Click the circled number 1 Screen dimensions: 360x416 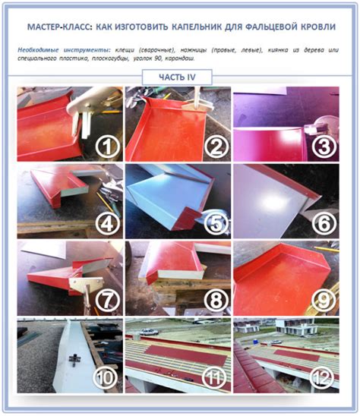pos(108,147)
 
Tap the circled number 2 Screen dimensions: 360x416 pos(216,147)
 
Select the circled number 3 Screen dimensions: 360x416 pos(324,147)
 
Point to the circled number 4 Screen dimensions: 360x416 pos(108,224)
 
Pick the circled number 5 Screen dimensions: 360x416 pos(216,224)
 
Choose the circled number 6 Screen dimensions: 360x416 pos(324,224)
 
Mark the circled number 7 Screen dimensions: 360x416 pos(108,301)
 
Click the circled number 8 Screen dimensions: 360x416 pos(216,301)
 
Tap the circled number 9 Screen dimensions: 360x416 pos(324,301)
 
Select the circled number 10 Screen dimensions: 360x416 pos(106,378)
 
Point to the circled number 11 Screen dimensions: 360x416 pos(214,378)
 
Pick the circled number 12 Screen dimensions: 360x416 pos(322,378)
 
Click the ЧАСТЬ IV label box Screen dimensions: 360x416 pos(177,77)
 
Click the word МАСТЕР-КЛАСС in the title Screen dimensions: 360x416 pos(59,27)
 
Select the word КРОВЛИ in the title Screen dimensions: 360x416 pos(318,27)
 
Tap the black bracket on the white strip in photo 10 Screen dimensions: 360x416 pos(74,360)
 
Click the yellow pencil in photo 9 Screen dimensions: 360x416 pos(327,249)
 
